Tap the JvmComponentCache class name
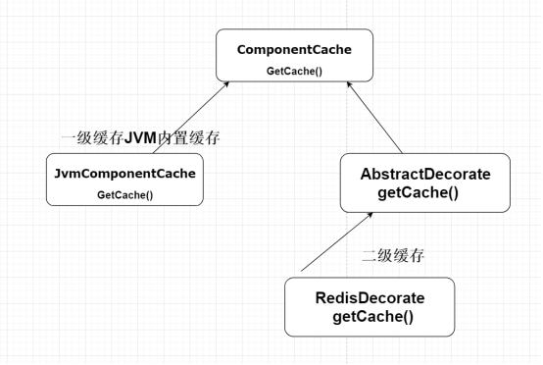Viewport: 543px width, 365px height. [x=124, y=173]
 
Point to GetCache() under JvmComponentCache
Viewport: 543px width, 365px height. [x=124, y=194]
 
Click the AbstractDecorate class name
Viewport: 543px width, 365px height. [x=425, y=174]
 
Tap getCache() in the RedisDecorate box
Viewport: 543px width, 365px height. [x=372, y=316]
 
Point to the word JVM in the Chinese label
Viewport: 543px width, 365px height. [x=142, y=138]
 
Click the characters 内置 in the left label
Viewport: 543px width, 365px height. [x=175, y=138]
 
